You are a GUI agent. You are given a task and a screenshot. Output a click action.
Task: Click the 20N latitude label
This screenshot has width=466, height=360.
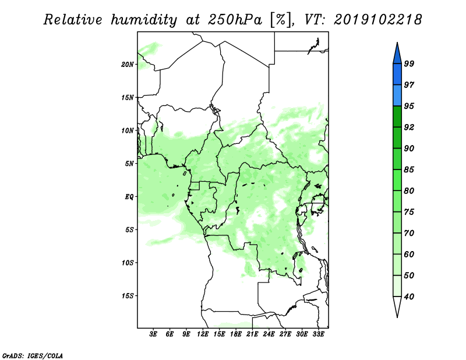128,64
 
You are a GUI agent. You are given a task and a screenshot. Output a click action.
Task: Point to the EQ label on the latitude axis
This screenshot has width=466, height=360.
129,196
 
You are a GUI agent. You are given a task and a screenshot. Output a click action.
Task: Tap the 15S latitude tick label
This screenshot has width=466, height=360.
128,295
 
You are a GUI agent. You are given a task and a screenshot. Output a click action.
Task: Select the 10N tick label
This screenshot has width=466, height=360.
128,130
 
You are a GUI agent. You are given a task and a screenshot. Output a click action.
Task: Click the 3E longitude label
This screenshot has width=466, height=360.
153,334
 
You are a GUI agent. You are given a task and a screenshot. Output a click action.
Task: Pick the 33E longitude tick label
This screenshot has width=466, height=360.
318,334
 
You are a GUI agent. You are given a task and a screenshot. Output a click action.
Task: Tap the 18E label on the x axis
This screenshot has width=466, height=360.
236,334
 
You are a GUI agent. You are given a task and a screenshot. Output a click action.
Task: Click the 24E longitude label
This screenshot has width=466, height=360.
269,334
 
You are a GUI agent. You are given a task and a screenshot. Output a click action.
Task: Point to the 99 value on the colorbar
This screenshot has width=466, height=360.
409,63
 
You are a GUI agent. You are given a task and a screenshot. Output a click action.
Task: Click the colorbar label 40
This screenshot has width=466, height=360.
409,297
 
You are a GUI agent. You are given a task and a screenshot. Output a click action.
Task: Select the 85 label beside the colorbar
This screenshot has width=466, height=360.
409,170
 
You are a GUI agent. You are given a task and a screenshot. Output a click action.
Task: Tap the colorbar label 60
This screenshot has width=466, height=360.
409,254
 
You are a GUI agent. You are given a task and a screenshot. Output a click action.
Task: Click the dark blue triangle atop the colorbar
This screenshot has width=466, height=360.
397,55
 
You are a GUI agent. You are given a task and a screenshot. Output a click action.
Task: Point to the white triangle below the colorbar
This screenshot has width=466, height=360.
397,305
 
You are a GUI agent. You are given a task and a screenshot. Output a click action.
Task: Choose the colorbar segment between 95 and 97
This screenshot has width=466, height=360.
397,96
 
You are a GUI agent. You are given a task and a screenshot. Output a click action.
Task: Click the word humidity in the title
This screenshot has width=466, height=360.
144,20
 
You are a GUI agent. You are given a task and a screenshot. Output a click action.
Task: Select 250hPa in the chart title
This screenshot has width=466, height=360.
235,20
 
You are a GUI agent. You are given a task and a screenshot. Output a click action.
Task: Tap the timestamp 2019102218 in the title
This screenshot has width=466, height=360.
377,20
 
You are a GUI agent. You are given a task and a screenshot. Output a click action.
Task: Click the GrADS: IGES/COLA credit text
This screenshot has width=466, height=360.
33,355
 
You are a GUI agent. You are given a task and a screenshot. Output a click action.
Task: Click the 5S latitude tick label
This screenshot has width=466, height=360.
129,230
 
